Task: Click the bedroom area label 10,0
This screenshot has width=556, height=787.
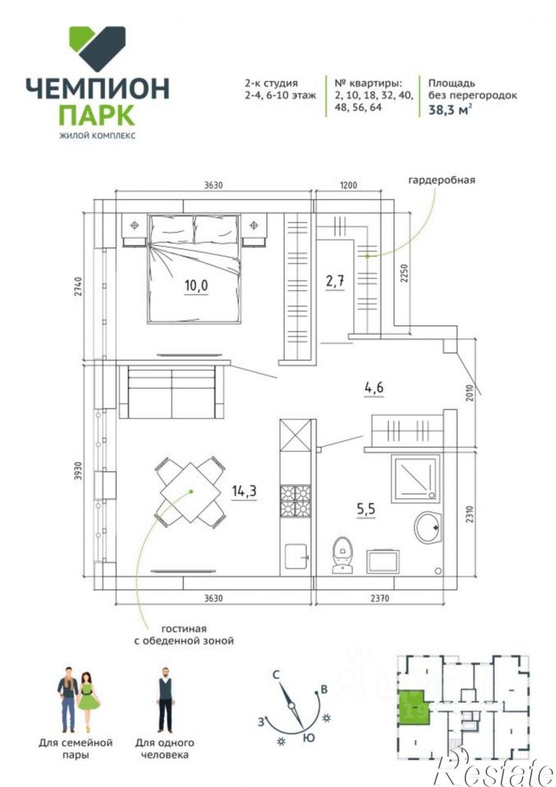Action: (196, 287)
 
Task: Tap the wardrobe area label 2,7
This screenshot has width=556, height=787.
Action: (334, 280)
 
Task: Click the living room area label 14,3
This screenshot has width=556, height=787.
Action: (244, 491)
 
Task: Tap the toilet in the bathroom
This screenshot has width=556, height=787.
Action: (342, 553)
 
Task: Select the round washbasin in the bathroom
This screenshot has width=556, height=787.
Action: (428, 527)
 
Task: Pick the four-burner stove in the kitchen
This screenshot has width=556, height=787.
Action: (295, 501)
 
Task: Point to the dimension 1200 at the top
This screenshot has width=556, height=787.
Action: (349, 185)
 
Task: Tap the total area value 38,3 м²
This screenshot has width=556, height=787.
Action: (449, 110)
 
